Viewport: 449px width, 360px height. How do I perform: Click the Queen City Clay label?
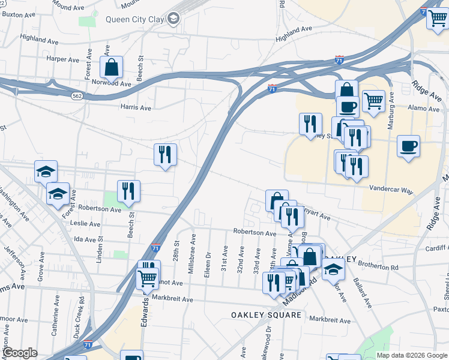134,19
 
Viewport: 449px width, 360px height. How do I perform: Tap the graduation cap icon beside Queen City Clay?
173,19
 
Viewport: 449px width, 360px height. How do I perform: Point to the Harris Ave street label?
136,107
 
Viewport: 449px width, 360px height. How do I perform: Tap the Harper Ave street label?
63,60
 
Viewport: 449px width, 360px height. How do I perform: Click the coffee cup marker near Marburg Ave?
408,146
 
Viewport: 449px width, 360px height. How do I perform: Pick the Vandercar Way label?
391,190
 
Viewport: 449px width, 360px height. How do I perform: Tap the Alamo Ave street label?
424,109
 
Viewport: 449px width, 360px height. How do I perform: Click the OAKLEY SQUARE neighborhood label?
266,315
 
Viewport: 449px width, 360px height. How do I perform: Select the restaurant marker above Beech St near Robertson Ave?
128,191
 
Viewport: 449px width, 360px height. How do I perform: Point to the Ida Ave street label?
85,239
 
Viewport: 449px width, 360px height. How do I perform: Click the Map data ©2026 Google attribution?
412,355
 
